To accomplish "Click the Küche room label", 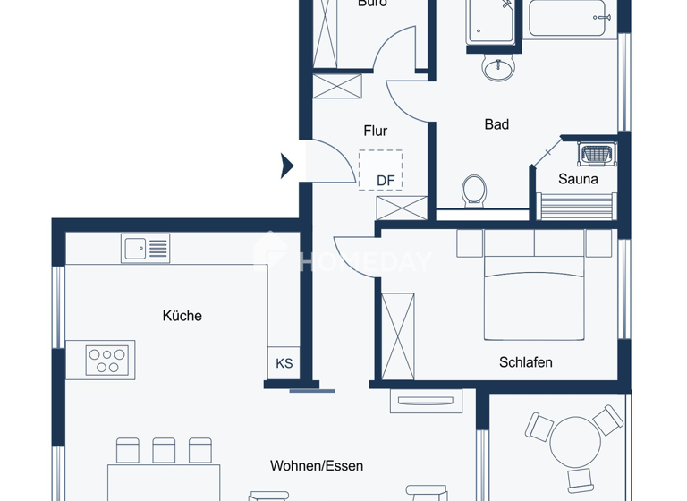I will point(182,316).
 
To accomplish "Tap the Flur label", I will point(375,132).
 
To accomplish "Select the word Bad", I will point(496,124).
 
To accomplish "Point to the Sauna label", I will point(578,179).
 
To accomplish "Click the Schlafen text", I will point(525,362).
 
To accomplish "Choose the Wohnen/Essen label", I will point(317,466).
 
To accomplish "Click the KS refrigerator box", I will point(284,363).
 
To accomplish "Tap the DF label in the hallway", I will point(385,181).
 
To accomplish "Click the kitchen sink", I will point(145,249).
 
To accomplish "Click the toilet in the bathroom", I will point(473,191).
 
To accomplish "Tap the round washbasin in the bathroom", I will point(498,67).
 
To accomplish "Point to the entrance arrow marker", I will point(287,166).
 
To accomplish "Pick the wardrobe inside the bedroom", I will point(398,335).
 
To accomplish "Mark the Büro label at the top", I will point(371,4).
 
